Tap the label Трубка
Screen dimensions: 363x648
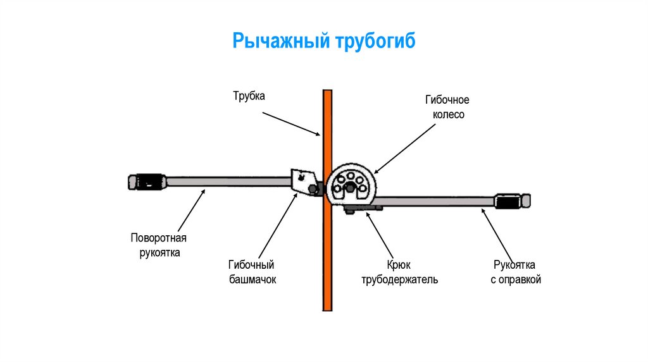pyautogui.click(x=249, y=96)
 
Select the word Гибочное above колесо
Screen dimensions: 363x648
pyautogui.click(x=447, y=101)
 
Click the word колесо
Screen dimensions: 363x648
pyautogui.click(x=447, y=114)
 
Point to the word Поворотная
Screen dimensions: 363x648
pyautogui.click(x=159, y=238)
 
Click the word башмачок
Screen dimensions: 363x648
pyautogui.click(x=252, y=278)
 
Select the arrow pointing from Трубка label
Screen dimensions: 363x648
pyautogui.click(x=290, y=123)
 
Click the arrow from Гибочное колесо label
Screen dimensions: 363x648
pyautogui.click(x=404, y=148)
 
